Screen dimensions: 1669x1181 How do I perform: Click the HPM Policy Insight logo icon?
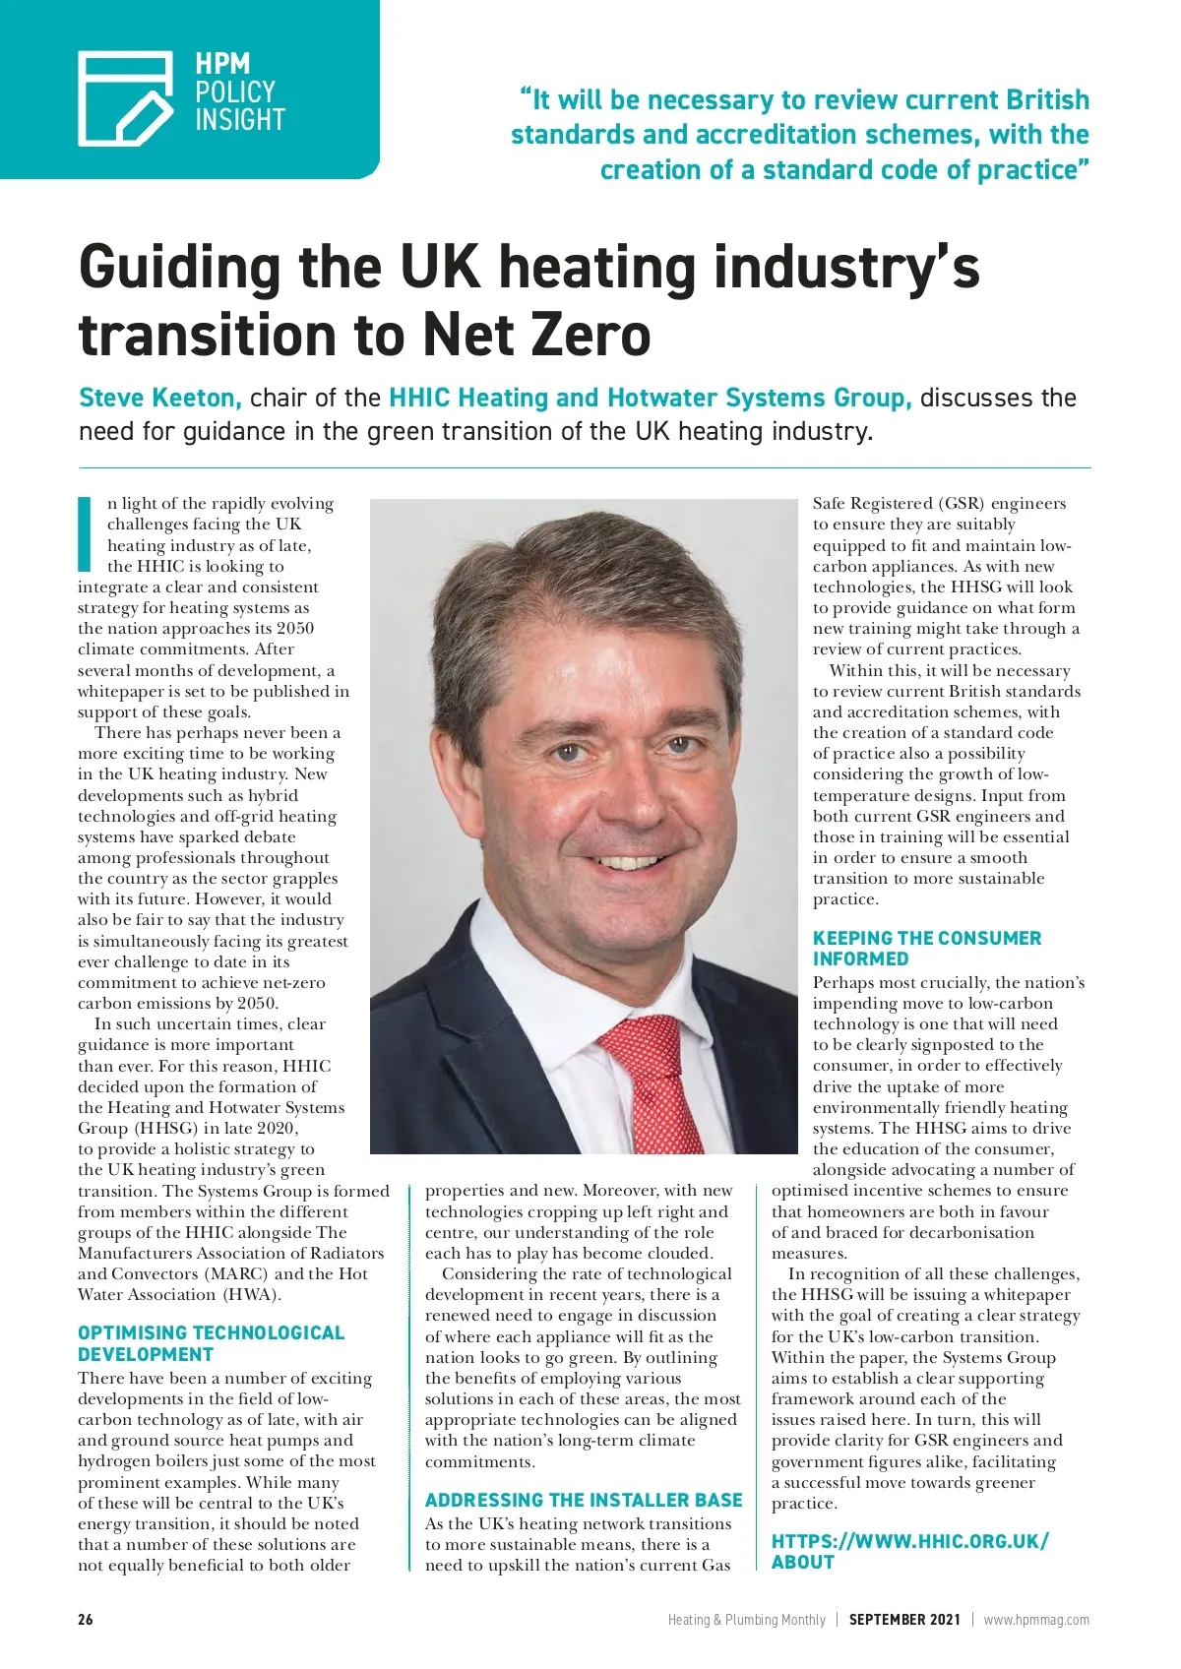coord(125,97)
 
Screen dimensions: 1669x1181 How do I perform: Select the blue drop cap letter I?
coord(85,534)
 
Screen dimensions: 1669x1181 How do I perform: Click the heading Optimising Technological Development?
coord(211,1343)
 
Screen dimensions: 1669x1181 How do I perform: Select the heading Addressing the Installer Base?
coord(584,1500)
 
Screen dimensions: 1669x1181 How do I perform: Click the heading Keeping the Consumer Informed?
coord(926,948)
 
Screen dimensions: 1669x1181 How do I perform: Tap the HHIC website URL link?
coord(909,1551)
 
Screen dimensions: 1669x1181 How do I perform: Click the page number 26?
coord(86,1619)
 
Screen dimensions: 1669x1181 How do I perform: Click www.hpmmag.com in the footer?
coord(1036,1619)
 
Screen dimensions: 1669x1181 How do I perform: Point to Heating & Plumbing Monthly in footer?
coord(746,1619)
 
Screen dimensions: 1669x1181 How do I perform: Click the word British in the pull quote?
coord(1047,100)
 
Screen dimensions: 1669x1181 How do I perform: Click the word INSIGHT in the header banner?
coord(240,120)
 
